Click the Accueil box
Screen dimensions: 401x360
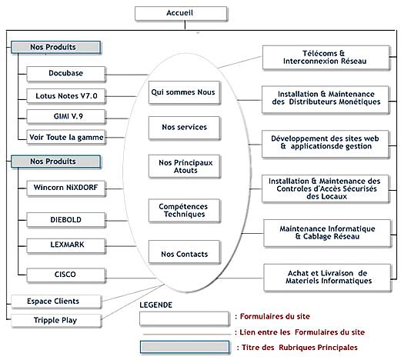point(181,13)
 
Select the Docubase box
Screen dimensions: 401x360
point(66,74)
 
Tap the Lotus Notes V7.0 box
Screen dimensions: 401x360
point(66,96)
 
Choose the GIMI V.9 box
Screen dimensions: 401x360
point(66,117)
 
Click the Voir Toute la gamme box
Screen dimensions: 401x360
point(66,137)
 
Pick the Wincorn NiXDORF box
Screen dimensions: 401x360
point(66,188)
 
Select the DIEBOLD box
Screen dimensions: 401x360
point(66,220)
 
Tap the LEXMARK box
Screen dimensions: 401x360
point(66,245)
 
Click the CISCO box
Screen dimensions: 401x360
point(66,275)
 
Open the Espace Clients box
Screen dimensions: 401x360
point(56,302)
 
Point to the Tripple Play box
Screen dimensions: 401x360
point(56,321)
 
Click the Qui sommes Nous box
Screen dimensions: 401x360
point(184,92)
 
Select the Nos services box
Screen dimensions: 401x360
point(184,128)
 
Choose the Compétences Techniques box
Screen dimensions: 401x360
point(184,211)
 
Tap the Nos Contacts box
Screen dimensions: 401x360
point(184,252)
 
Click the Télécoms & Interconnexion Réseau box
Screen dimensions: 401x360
point(326,58)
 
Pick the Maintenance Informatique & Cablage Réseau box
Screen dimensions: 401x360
point(327,233)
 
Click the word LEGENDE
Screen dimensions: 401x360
point(155,305)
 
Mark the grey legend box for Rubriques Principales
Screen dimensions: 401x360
point(185,347)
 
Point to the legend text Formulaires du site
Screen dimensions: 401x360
point(275,316)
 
